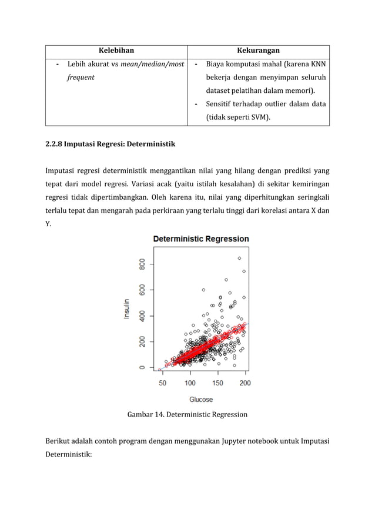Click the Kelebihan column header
tap(116, 51)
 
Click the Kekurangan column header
tap(258, 51)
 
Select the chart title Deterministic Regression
tap(201, 239)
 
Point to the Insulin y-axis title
tap(126, 307)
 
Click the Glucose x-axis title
tap(201, 400)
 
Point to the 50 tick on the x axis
tap(162, 383)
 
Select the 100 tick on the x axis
tap(190, 383)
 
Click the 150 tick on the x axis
tap(217, 383)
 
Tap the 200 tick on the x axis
tap(245, 383)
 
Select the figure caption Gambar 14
tap(146, 414)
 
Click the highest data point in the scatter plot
tap(239, 258)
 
